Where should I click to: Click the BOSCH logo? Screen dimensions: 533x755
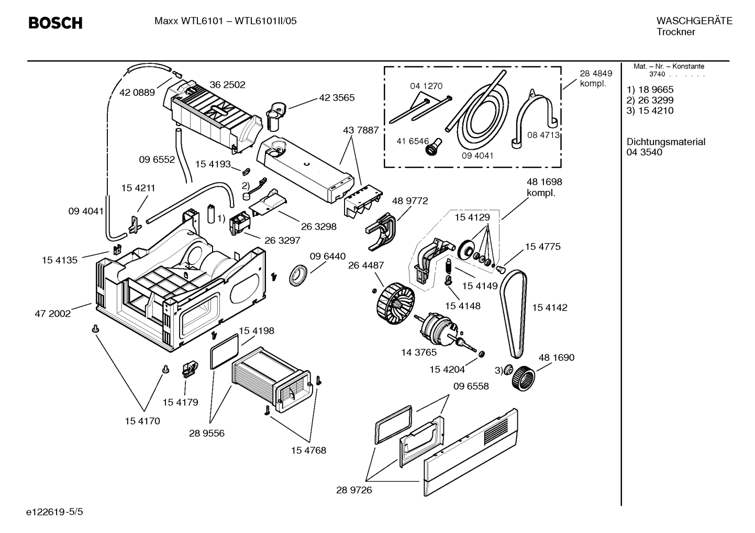pos(55,23)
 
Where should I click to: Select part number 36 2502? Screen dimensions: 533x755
pos(227,85)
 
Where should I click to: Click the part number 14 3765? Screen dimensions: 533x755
pos(418,353)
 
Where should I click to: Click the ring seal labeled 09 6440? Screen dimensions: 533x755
pos(299,275)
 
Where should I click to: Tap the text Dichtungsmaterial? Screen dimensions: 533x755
pos(665,142)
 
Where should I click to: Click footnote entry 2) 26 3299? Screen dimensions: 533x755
pos(650,100)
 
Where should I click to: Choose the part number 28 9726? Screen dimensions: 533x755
pos(354,490)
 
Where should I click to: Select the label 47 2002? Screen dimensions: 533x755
pos(52,314)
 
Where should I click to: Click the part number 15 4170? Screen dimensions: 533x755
pos(142,421)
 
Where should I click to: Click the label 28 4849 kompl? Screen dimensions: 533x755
pos(595,78)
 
